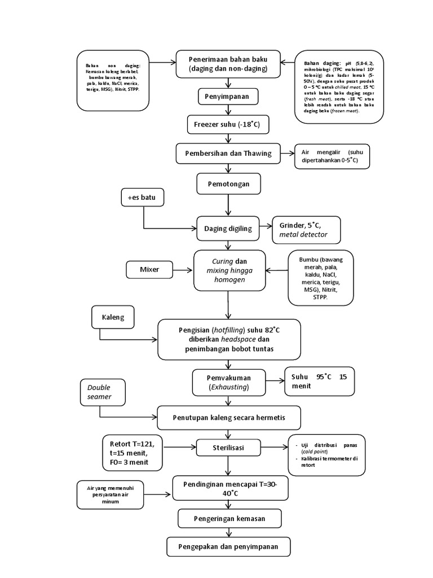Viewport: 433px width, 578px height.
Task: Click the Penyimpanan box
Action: click(x=228, y=97)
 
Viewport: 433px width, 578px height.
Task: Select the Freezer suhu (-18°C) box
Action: click(x=228, y=124)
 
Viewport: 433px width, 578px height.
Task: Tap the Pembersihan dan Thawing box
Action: click(x=228, y=153)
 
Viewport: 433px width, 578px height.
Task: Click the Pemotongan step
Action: click(x=228, y=183)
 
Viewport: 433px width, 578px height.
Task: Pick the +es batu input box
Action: click(x=142, y=198)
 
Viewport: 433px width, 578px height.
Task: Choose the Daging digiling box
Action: click(x=228, y=228)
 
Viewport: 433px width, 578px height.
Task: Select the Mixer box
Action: click(x=149, y=269)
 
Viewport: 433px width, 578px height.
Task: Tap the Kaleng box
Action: click(x=113, y=317)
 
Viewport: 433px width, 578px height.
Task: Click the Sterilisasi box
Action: click(x=228, y=448)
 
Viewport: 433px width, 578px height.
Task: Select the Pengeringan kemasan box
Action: click(x=229, y=518)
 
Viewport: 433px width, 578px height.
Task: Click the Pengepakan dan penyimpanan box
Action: click(x=229, y=546)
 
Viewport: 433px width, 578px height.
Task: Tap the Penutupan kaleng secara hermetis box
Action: click(x=229, y=418)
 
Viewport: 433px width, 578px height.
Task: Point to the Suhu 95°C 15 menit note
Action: click(x=319, y=382)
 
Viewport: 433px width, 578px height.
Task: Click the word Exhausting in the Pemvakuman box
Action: click(x=228, y=387)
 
